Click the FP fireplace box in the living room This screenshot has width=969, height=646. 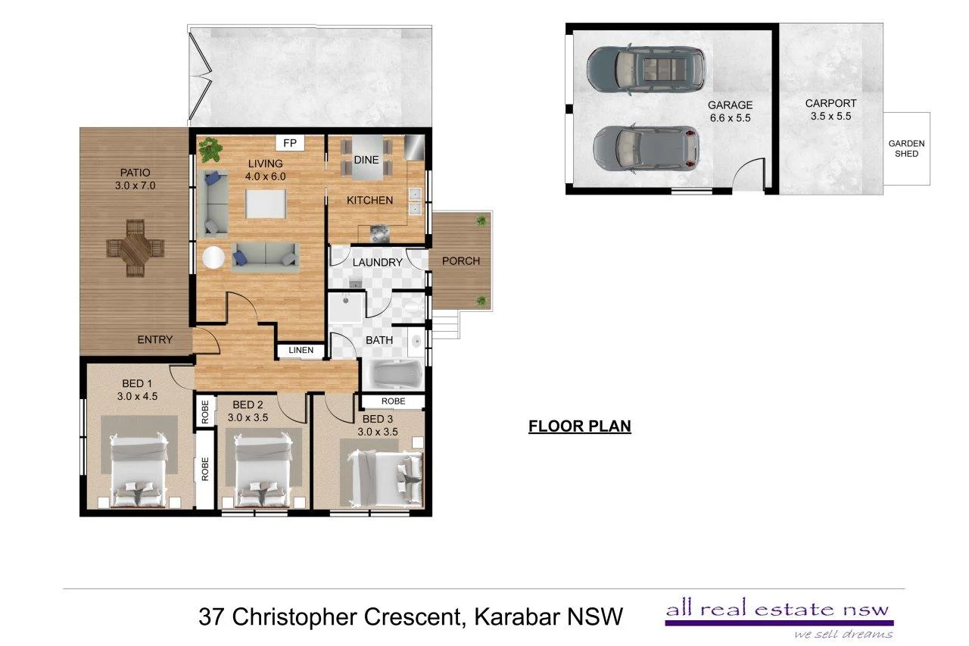289,143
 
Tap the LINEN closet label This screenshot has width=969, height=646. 301,351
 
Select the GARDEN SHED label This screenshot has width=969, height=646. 906,148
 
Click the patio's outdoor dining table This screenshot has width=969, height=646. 136,247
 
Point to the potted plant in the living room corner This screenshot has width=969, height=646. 211,149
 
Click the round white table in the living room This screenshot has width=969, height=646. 212,258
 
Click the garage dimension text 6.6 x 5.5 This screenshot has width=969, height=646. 730,118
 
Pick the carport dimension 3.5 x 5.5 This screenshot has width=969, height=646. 830,117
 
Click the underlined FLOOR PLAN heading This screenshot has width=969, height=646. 579,426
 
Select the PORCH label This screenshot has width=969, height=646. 460,261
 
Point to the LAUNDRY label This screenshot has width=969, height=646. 377,263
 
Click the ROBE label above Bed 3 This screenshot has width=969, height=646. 392,401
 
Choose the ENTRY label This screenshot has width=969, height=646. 154,340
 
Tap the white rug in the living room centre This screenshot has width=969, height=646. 266,205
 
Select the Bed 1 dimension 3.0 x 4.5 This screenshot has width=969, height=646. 137,395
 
